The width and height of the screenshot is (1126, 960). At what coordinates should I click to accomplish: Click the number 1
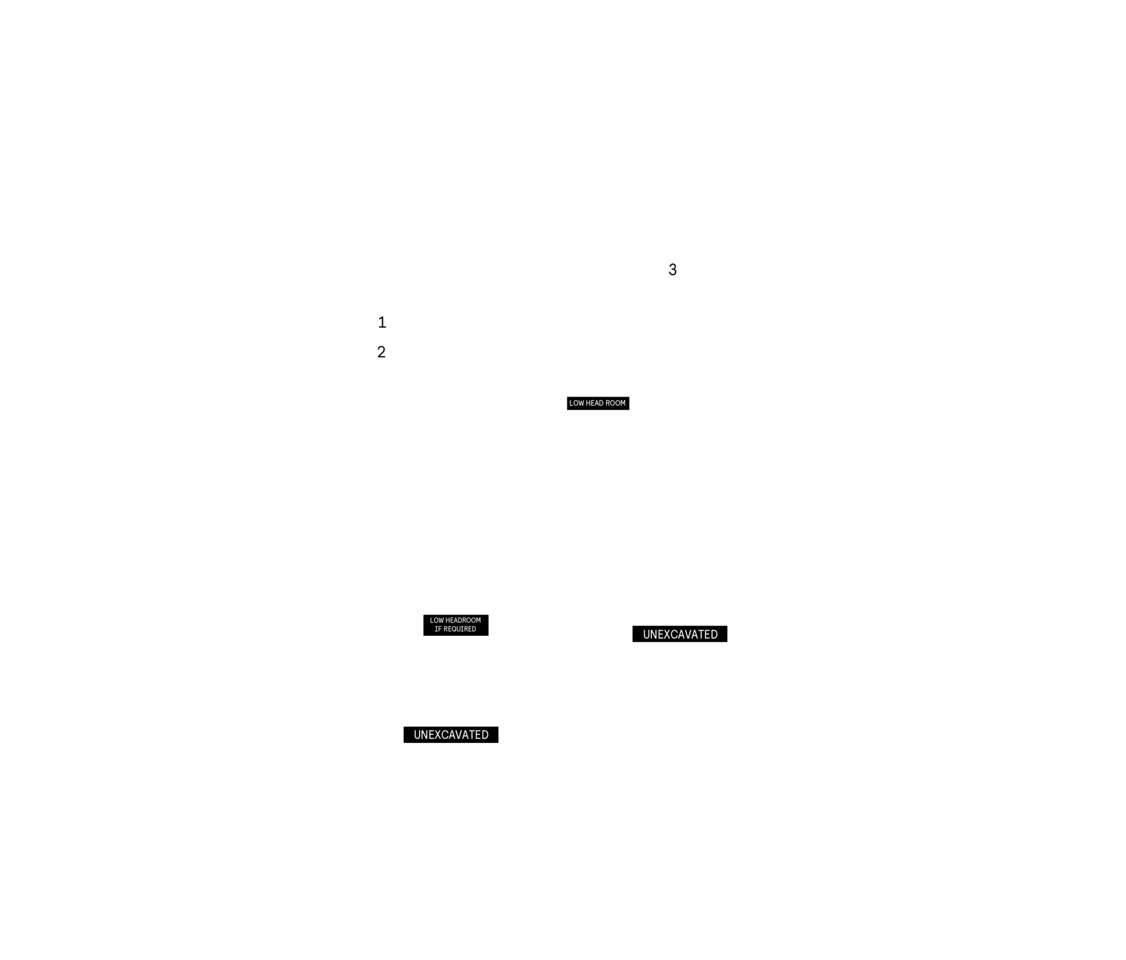point(382,322)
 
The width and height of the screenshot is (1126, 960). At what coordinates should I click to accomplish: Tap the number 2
point(381,352)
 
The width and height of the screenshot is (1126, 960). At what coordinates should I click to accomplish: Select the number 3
point(672,270)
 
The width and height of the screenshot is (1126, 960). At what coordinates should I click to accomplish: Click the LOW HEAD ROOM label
point(597,403)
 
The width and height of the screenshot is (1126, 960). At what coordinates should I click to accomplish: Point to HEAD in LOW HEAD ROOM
point(595,403)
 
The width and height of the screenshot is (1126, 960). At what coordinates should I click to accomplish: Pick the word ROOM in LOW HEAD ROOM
point(615,403)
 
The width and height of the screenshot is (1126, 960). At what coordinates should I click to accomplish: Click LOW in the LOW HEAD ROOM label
point(577,403)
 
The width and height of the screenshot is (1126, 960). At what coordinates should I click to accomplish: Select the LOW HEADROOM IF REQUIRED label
point(455,625)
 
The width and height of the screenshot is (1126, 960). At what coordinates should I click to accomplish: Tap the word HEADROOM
point(463,620)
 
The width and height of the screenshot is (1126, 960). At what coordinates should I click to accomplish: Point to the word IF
point(438,629)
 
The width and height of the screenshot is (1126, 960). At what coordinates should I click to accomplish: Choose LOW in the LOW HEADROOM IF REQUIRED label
point(436,620)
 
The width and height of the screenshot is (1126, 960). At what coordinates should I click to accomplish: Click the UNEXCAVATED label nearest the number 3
point(680,634)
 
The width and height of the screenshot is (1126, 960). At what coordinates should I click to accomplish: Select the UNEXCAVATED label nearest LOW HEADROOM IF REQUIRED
point(451,734)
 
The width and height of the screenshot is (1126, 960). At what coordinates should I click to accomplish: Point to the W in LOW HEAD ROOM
point(581,403)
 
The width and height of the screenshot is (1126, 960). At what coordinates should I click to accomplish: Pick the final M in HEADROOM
point(479,620)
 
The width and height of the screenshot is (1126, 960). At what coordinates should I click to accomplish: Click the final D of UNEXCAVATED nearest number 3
point(714,634)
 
